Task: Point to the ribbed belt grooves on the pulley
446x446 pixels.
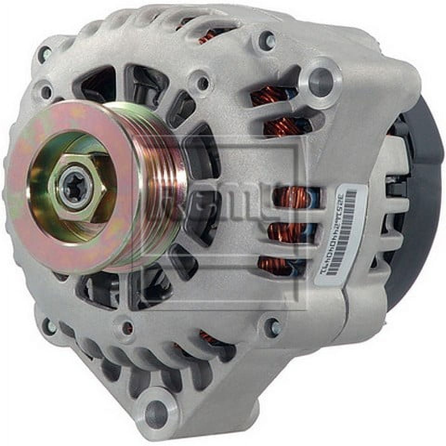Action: coord(160,186)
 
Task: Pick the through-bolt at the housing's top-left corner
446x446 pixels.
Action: coord(45,55)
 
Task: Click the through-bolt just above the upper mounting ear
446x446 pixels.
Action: coord(267,41)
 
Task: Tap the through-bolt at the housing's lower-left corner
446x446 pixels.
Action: coord(49,327)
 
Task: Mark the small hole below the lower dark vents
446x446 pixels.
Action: coord(126,328)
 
